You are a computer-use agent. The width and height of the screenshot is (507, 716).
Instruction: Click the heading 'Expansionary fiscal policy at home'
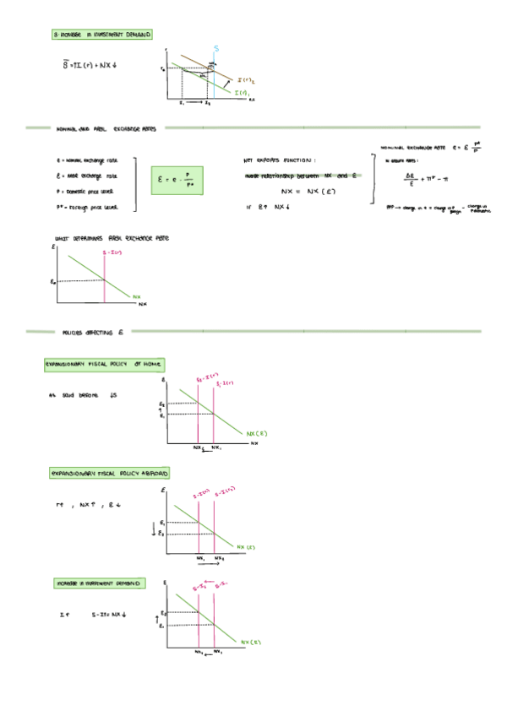pos(104,365)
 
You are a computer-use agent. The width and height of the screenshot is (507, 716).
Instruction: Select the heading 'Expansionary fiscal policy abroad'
pos(109,474)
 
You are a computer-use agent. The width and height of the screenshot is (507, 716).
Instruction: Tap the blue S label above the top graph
pos(216,48)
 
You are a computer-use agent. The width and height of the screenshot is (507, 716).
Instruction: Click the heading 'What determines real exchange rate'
pos(112,239)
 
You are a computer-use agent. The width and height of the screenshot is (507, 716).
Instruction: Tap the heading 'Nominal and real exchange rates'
pos(106,129)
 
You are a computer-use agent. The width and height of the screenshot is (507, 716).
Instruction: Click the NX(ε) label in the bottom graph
pos(250,641)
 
